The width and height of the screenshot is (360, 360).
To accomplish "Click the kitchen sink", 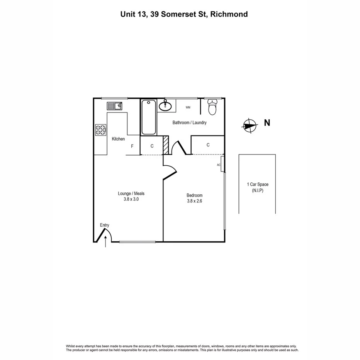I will pyautogui.click(x=114, y=105).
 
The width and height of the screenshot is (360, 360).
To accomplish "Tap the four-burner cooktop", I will pyautogui.click(x=101, y=129).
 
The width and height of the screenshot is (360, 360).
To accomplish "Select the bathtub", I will pyautogui.click(x=149, y=117).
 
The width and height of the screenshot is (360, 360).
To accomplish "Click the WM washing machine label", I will pyautogui.click(x=188, y=107).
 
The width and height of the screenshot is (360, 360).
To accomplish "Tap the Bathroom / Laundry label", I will pyautogui.click(x=189, y=122).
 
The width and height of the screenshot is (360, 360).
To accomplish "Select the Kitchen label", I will pyautogui.click(x=118, y=139).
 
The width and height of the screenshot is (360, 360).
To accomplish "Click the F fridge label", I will pyautogui.click(x=132, y=146).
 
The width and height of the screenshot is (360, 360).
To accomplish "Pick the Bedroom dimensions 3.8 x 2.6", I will pyautogui.click(x=194, y=201).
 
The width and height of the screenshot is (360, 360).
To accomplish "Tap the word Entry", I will pyautogui.click(x=104, y=225).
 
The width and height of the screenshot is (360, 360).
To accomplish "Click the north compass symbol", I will pyautogui.click(x=250, y=125).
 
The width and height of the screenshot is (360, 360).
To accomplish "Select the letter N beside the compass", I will pyautogui.click(x=267, y=123).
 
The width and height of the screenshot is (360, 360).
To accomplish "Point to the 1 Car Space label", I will pyautogui.click(x=257, y=184).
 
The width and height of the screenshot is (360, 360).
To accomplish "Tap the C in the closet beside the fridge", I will pyautogui.click(x=152, y=146).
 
